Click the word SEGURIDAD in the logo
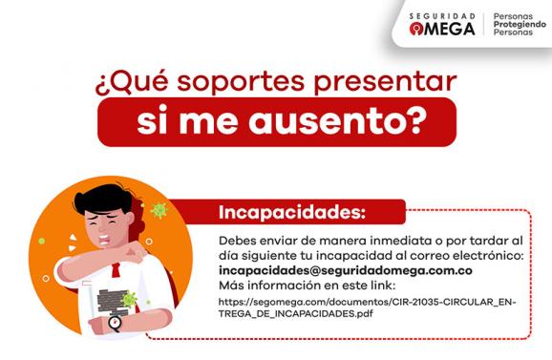point(441,16)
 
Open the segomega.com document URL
point(367,307)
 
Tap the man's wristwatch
point(116,323)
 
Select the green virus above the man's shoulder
point(159,209)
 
